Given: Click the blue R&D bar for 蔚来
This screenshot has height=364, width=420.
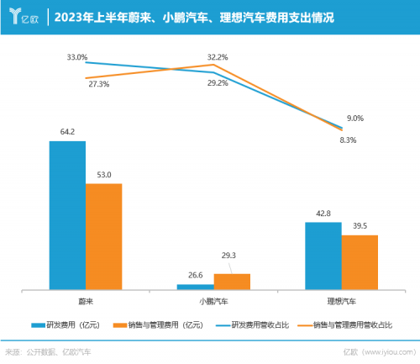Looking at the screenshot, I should (67, 215).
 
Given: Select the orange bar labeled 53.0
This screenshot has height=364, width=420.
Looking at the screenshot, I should (104, 236).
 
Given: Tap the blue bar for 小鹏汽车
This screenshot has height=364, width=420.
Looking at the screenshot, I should (195, 287).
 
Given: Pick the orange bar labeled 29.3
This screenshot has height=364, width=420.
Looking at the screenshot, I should (232, 282).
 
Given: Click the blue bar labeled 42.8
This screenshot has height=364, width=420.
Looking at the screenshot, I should (323, 256).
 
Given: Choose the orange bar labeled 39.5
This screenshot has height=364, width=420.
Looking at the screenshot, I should (360, 262).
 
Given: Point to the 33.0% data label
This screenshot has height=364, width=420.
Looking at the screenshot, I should (77, 57).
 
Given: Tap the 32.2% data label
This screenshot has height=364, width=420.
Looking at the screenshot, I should (218, 56).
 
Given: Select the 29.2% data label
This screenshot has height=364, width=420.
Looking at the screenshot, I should (218, 83).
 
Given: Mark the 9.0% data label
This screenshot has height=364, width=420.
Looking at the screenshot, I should (355, 119).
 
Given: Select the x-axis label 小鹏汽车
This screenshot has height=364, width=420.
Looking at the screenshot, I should (213, 300).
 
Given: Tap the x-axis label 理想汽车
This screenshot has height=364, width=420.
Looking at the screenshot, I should (342, 300).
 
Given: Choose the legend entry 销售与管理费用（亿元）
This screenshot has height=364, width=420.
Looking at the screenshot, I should (159, 324).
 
